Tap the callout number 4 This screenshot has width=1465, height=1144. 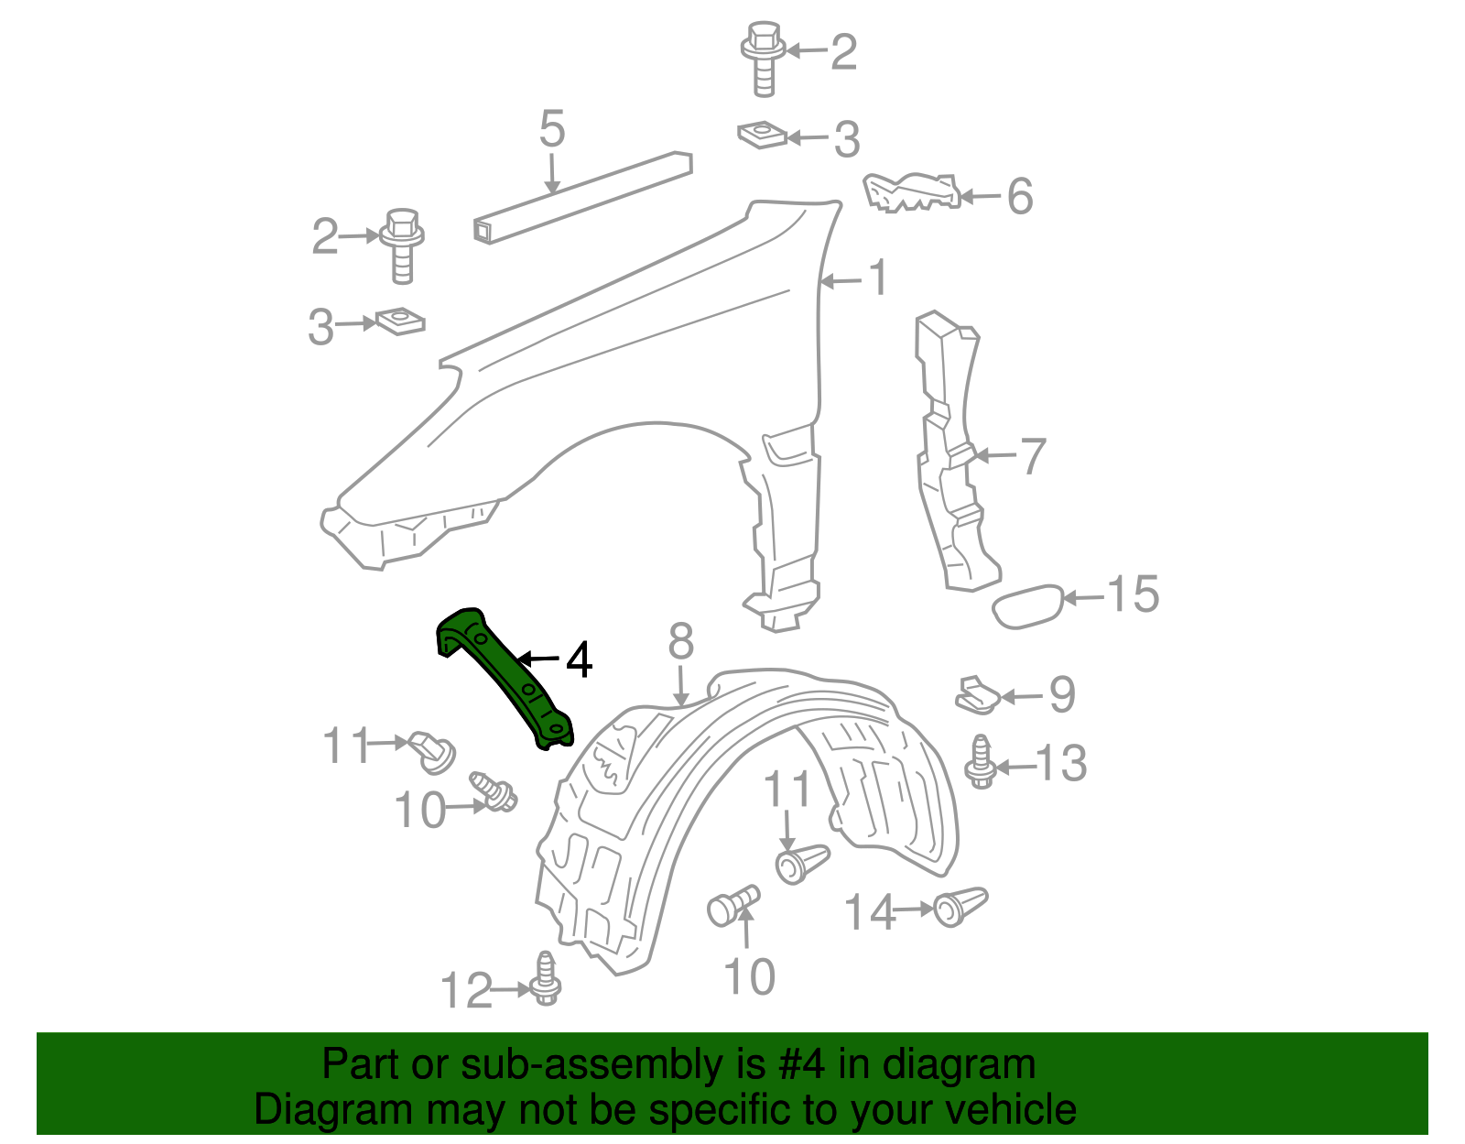(579, 659)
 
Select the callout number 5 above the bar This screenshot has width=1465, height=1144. (552, 129)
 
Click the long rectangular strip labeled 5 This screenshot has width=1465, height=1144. (583, 197)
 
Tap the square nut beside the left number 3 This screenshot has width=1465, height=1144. (400, 321)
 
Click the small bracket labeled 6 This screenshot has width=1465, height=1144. (912, 192)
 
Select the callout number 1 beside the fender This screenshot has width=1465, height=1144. (878, 278)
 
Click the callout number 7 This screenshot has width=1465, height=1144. (1032, 456)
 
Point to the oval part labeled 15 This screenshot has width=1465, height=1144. (1028, 606)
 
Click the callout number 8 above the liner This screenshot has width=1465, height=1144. (680, 642)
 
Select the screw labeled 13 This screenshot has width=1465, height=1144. (981, 762)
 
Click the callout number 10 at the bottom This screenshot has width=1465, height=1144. (749, 977)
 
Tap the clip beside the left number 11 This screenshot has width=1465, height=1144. (434, 750)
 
